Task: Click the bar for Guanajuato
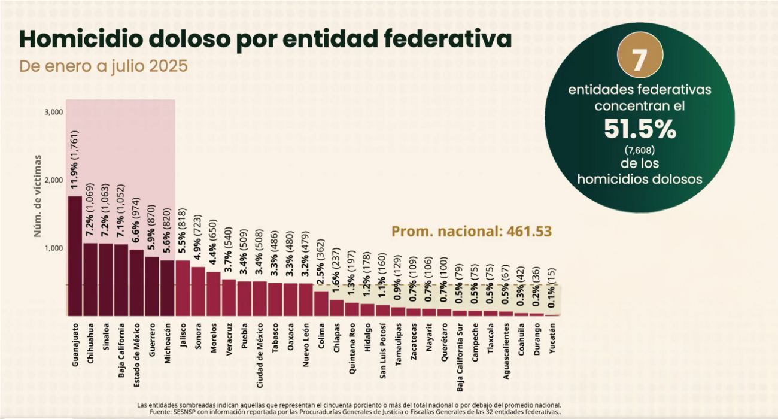coord(75,256)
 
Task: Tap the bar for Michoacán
coord(167,288)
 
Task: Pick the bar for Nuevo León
coord(305,299)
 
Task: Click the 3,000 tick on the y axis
coord(54,112)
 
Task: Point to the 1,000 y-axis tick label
coord(54,248)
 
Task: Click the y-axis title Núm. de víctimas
coord(38,196)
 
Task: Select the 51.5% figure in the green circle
coord(639,128)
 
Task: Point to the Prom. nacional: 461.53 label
coord(471,231)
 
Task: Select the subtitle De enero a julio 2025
coord(104,66)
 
